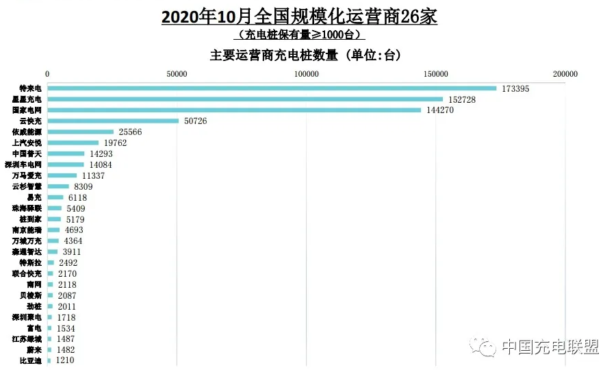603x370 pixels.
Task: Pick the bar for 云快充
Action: pyautogui.click(x=113, y=121)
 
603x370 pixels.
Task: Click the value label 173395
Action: pyautogui.click(x=515, y=89)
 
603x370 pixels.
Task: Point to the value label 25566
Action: pyautogui.click(x=130, y=132)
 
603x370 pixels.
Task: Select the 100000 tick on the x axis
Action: pyautogui.click(x=306, y=74)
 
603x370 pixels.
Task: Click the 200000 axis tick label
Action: pyautogui.click(x=565, y=74)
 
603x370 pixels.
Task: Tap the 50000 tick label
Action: pyautogui.click(x=177, y=74)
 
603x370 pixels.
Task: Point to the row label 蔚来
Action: pyautogui.click(x=34, y=349)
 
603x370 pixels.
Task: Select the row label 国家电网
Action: pyautogui.click(x=28, y=110)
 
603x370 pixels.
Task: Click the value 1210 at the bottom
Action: pyautogui.click(x=65, y=360)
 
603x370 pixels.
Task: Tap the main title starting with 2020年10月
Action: pyautogui.click(x=299, y=16)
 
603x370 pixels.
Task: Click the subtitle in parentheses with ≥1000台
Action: pyautogui.click(x=299, y=35)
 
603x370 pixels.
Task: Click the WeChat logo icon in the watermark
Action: pyautogui.click(x=487, y=347)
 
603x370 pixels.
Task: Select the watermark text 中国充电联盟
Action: pyautogui.click(x=550, y=347)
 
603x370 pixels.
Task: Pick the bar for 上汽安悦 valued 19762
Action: pyautogui.click(x=73, y=143)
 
